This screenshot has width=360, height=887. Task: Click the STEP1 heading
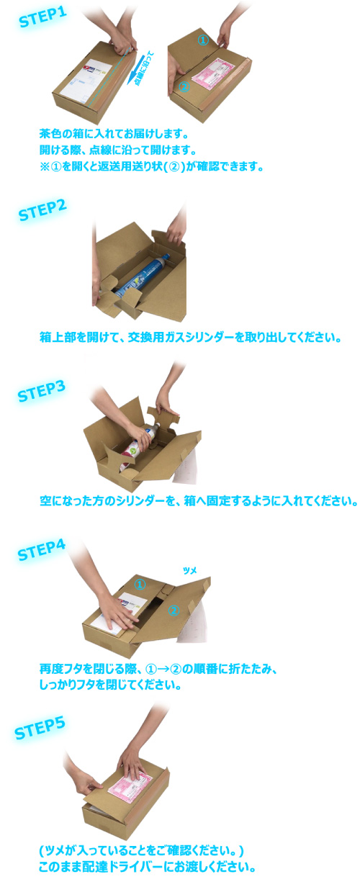[x=43, y=17]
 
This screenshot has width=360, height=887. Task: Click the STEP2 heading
[x=42, y=210]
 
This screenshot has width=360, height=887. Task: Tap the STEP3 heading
[x=41, y=391]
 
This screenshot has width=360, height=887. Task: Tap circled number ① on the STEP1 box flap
[x=203, y=40]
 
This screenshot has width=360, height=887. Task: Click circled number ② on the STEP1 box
[x=184, y=86]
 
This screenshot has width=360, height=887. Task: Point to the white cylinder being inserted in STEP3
[x=140, y=443]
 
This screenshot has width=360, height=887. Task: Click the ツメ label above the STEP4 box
[x=189, y=571]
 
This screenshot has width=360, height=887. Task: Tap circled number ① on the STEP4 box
[x=140, y=584]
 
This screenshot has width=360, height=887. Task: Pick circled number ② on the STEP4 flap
[x=174, y=611]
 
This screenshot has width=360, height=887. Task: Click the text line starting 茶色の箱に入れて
[x=114, y=134]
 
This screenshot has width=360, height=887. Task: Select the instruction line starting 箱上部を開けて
[x=191, y=338]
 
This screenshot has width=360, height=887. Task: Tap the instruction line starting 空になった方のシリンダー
[x=199, y=501]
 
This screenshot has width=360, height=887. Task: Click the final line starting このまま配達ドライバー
[x=147, y=867]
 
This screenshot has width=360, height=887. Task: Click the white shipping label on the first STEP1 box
[x=89, y=81]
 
